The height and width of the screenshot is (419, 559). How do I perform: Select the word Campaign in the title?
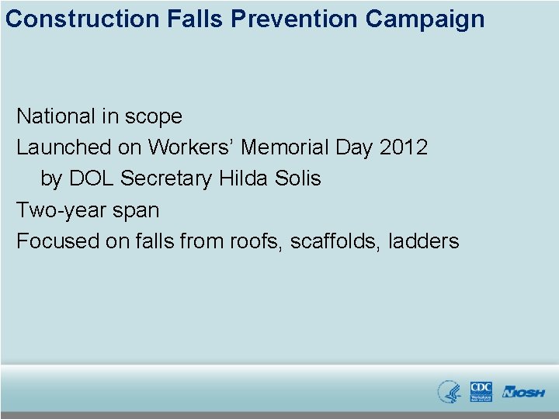click(425, 19)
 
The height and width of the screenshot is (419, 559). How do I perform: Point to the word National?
click(56, 116)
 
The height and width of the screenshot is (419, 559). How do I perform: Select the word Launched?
click(64, 147)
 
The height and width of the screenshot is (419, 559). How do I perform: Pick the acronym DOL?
click(92, 178)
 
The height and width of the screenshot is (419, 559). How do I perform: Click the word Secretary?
click(167, 178)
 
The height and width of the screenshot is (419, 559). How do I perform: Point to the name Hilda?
click(242, 178)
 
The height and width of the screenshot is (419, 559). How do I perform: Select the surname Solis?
click(297, 178)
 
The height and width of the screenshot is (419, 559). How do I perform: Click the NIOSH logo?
click(523, 392)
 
